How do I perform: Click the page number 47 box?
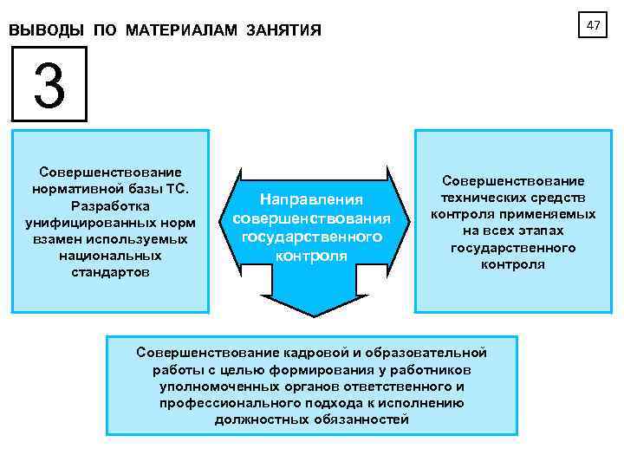tap(593, 26)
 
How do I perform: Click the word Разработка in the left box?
tap(110, 206)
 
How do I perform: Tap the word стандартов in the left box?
tap(110, 272)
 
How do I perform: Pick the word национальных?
tap(110, 256)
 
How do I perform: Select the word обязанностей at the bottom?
tap(366, 419)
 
